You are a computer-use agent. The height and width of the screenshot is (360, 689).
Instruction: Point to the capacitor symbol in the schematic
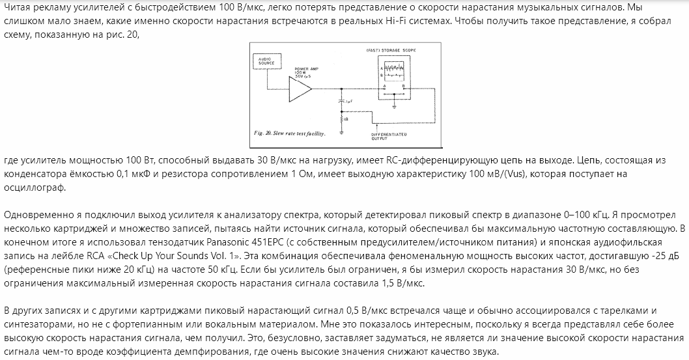coord(341,102)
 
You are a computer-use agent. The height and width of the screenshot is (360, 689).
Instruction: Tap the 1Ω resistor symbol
coord(341,118)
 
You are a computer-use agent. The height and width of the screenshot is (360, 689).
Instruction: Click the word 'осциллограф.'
coord(32,187)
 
